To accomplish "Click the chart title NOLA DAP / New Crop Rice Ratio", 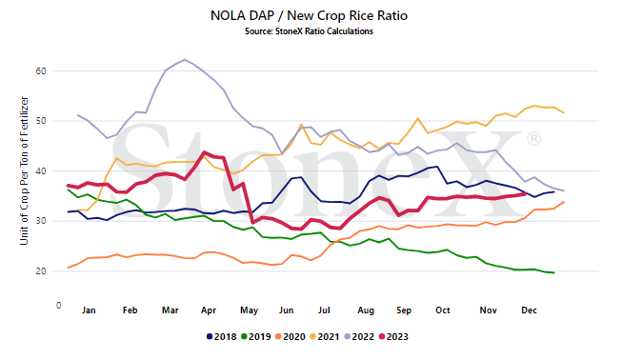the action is point(309,15).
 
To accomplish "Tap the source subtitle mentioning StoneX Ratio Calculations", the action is point(309,31).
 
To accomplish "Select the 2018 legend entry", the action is point(222,336).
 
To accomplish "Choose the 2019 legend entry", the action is point(256,336).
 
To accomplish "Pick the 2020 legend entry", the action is point(290,336).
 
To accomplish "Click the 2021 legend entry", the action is point(325,336).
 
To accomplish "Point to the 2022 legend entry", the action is point(359,336).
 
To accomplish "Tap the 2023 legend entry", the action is point(393,336).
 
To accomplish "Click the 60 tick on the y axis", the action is point(41,70).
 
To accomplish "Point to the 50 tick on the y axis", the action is point(41,121).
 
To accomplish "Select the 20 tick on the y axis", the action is point(41,271).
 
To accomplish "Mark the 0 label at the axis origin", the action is point(59,306).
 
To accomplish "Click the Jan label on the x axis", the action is point(89,310).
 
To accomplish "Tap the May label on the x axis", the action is point(249,310).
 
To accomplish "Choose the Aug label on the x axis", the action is point(366,310).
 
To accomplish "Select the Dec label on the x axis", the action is point(529,310).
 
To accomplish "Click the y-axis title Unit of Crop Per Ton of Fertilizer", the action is point(24,170).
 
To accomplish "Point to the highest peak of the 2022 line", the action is point(185,60).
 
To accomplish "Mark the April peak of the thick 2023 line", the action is point(204,152).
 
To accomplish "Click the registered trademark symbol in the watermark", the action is point(533,139).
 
